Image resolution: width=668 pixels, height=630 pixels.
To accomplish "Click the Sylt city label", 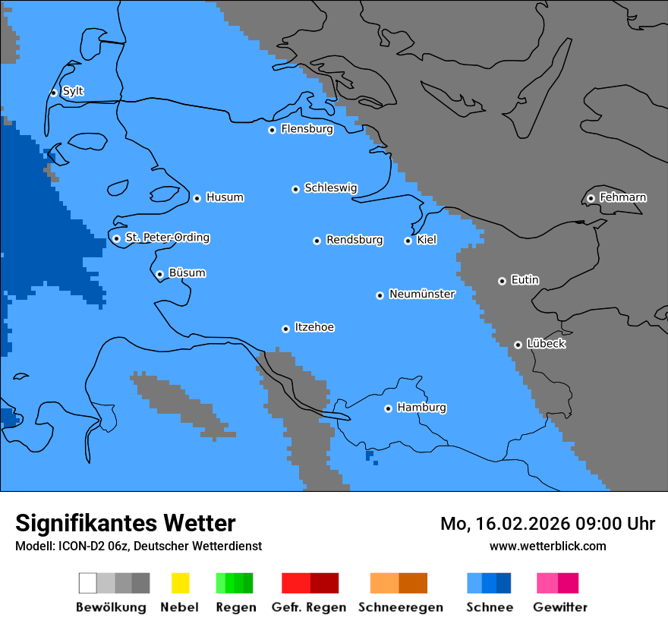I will click(x=73, y=91).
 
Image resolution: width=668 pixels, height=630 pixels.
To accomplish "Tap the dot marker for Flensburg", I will click(x=272, y=130).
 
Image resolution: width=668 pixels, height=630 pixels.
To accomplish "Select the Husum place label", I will click(x=225, y=197).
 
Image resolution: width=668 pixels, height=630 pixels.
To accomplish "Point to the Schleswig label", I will click(x=330, y=187).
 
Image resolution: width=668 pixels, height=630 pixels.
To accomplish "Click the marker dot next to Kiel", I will click(x=408, y=241).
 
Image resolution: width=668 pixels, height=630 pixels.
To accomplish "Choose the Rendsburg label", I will click(x=354, y=240).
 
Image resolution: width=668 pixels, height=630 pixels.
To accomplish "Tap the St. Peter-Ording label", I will click(x=167, y=238).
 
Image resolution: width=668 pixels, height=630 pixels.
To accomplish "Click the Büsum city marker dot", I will click(x=159, y=274).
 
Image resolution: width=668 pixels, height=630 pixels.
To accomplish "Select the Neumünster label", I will click(x=422, y=294).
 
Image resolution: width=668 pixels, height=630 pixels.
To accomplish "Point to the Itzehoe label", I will click(x=314, y=327).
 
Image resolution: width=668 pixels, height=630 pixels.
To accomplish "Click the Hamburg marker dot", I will click(x=388, y=408).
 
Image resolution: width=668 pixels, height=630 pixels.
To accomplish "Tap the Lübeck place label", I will click(x=546, y=344).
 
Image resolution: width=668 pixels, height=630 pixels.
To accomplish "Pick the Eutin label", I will click(x=525, y=280).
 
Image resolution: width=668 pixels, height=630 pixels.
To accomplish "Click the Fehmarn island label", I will click(x=622, y=197).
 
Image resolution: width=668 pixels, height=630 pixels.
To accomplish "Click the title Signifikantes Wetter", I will click(x=125, y=523).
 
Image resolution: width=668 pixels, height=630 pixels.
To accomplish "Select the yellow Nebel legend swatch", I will click(x=180, y=583).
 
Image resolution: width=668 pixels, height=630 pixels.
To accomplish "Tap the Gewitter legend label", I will click(x=560, y=607).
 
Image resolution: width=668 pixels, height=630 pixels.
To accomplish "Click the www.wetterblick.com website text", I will click(x=547, y=546).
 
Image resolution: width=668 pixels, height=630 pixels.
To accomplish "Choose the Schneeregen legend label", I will click(x=401, y=607).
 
